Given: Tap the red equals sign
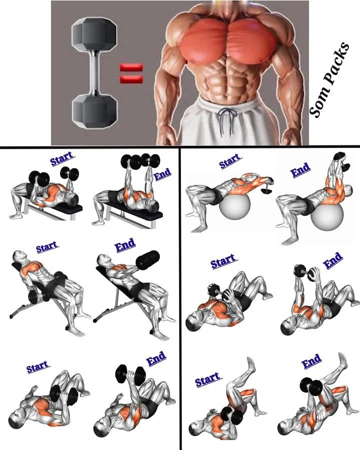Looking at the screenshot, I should pos(131,72).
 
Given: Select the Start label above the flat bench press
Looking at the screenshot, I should pos(61,158).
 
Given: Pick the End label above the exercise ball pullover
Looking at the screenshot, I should pos(300,170).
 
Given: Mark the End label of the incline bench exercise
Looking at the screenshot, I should pos(125,245).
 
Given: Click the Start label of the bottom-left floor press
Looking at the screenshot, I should pos(38,366).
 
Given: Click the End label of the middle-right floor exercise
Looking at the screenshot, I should pos(333,259).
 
